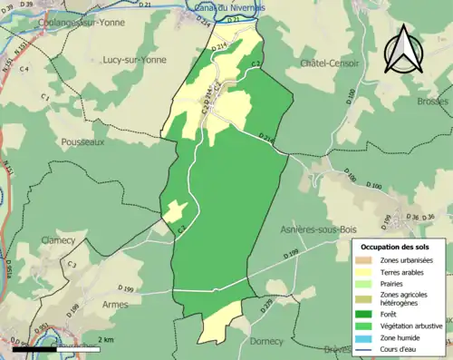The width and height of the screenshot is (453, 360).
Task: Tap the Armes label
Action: (x=116, y=305)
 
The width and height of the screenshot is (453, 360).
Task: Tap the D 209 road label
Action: (x=267, y=306)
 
